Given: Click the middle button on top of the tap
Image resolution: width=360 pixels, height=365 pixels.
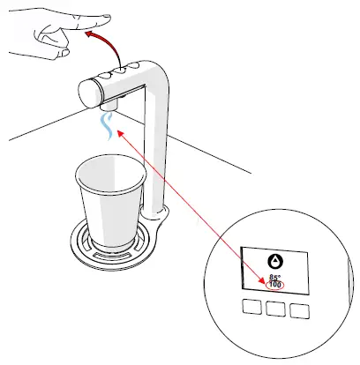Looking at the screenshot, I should point(118,71).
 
